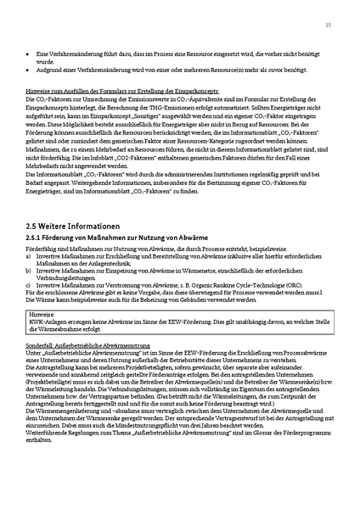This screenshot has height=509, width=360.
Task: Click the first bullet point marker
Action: [28, 53]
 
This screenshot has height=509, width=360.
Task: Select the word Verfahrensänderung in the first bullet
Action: [66, 53]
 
